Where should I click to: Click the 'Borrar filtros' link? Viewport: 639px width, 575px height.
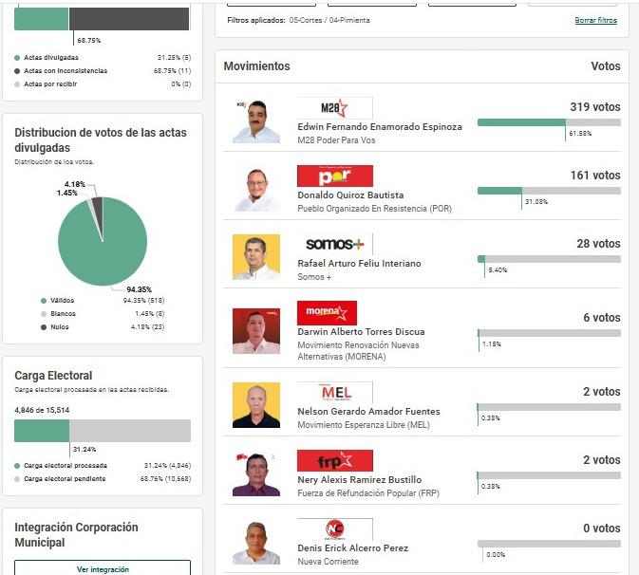click(595, 20)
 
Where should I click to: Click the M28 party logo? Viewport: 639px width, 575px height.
click(334, 108)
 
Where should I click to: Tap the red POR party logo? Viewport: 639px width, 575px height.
click(334, 176)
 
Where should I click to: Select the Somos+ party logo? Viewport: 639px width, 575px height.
click(334, 245)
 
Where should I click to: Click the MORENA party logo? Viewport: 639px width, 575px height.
click(327, 313)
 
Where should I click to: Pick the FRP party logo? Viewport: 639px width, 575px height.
click(334, 461)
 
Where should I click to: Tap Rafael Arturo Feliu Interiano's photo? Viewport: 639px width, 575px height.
click(256, 257)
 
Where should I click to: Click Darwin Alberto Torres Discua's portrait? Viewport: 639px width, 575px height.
click(256, 331)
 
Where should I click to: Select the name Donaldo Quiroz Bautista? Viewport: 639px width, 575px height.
click(350, 195)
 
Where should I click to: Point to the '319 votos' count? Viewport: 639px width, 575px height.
click(594, 107)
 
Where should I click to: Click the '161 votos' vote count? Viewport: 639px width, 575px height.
click(594, 176)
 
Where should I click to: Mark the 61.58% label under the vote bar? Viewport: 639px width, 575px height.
click(579, 134)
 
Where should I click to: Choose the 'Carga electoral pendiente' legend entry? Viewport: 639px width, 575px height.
click(65, 479)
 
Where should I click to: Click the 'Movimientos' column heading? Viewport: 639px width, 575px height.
click(256, 66)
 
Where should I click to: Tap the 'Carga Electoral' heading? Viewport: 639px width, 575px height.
click(53, 376)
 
